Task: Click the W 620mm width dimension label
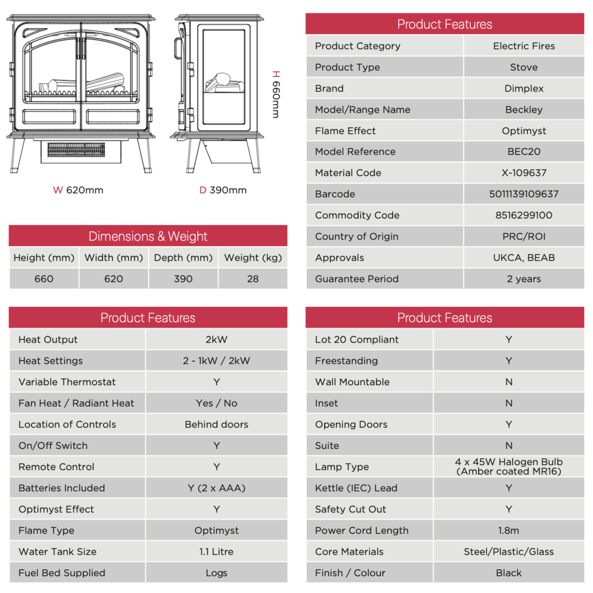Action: pyautogui.click(x=78, y=190)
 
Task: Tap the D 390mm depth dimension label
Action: pyautogui.click(x=223, y=190)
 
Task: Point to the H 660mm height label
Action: pyautogui.click(x=276, y=94)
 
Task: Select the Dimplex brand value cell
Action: pyautogui.click(x=524, y=88)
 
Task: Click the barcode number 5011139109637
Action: pyautogui.click(x=524, y=194)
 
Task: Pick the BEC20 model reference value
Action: pyautogui.click(x=524, y=152)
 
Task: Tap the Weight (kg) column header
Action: pyautogui.click(x=253, y=258)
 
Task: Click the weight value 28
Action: pyautogui.click(x=253, y=279)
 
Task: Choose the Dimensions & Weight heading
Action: pyautogui.click(x=148, y=236)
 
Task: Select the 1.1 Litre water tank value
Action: pyautogui.click(x=216, y=552)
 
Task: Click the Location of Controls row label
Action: pyautogui.click(x=67, y=424)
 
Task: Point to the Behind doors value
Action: pyautogui.click(x=216, y=424)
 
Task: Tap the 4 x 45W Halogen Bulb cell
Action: pyautogui.click(x=509, y=466)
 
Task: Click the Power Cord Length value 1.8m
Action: pyautogui.click(x=509, y=530)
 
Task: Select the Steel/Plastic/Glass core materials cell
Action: pyautogui.click(x=509, y=552)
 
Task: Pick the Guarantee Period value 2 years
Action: pyautogui.click(x=524, y=279)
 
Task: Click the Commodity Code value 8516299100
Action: pyautogui.click(x=524, y=215)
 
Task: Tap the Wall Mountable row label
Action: pyautogui.click(x=352, y=382)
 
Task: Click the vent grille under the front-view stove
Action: pyautogui.click(x=76, y=150)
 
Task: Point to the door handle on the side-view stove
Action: pyautogui.click(x=178, y=48)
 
